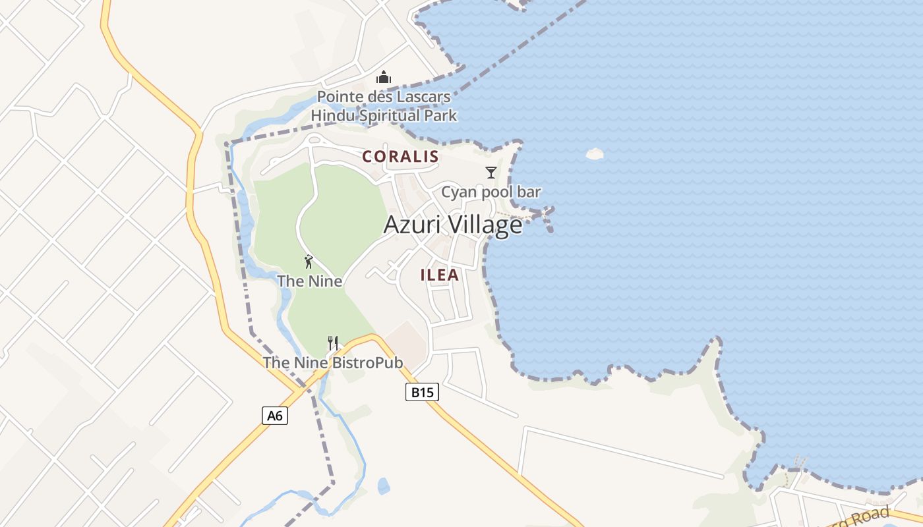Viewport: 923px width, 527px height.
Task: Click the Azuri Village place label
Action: (453, 225)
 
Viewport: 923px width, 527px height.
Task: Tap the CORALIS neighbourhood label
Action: (400, 156)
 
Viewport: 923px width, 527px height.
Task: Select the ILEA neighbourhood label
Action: (440, 275)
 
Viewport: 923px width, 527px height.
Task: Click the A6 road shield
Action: (275, 416)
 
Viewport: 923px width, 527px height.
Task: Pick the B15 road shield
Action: (422, 392)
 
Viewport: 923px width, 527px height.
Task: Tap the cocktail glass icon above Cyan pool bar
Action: (491, 173)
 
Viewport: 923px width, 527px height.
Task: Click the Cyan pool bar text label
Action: (491, 192)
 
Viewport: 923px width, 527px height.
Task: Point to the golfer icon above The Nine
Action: (309, 262)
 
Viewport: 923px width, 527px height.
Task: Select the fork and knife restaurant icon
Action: (333, 343)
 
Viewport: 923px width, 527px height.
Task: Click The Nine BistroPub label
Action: (333, 362)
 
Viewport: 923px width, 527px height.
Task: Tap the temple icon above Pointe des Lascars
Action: (384, 78)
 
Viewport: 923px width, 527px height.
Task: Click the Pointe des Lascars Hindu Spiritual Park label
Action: (384, 106)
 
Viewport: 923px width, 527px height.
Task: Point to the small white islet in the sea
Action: (595, 153)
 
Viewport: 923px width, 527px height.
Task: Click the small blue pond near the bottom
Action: (384, 486)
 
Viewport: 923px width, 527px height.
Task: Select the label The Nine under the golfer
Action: (310, 281)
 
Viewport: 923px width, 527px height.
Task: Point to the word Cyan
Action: (457, 192)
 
